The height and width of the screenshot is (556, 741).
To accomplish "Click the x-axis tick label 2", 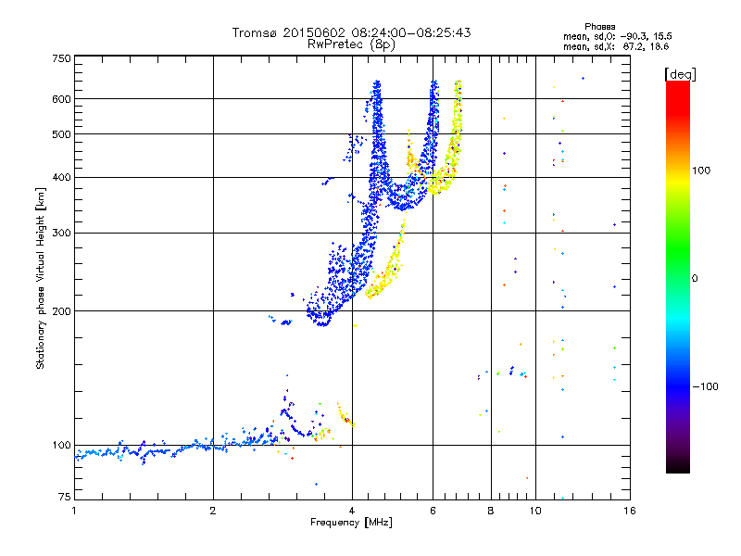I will [x=213, y=510].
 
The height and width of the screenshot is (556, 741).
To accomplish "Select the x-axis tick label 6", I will [x=433, y=510].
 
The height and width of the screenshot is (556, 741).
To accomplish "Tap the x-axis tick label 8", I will [x=491, y=510].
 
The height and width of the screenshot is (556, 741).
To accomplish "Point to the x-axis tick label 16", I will [x=628, y=510].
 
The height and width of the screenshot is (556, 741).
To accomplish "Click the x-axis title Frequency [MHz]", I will [x=351, y=523].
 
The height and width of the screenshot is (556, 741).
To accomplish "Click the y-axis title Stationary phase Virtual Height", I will [x=41, y=278].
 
